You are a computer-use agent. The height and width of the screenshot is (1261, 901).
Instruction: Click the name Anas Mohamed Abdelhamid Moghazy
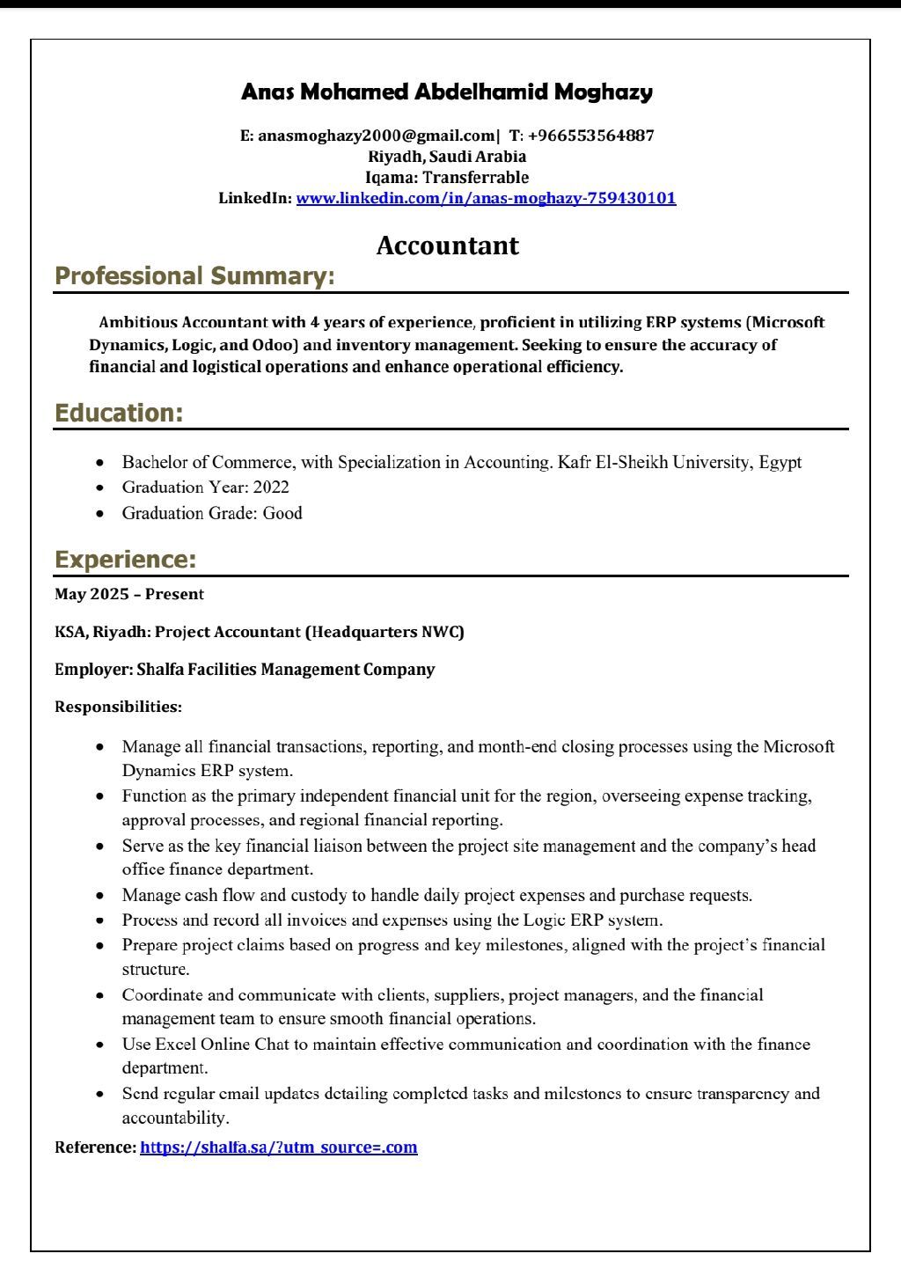pyautogui.click(x=447, y=92)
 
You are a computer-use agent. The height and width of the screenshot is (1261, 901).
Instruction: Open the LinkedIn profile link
pyautogui.click(x=486, y=198)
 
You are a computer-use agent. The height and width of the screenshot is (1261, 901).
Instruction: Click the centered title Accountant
pyautogui.click(x=447, y=246)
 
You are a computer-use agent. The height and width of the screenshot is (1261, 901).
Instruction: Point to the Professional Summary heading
pyautogui.click(x=194, y=276)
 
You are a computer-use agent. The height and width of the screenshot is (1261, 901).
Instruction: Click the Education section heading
pyautogui.click(x=119, y=414)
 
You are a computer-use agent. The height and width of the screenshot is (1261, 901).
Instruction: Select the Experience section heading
pyautogui.click(x=125, y=560)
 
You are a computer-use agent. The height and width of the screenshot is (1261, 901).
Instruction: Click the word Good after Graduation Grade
pyautogui.click(x=282, y=513)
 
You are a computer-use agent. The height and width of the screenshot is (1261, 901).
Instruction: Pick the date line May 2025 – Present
pyautogui.click(x=129, y=594)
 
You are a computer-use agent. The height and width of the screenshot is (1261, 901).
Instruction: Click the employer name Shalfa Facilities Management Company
pyautogui.click(x=285, y=670)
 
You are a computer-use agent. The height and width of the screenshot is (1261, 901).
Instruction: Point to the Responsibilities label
pyautogui.click(x=118, y=707)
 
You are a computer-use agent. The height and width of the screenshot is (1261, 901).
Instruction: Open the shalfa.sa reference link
pyautogui.click(x=278, y=1147)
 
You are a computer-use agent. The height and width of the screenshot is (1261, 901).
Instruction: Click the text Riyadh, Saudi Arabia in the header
pyautogui.click(x=447, y=157)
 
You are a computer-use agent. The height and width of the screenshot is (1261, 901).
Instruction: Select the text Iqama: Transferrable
pyautogui.click(x=447, y=178)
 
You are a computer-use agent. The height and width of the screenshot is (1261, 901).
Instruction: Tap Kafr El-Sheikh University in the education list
pyautogui.click(x=655, y=462)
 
